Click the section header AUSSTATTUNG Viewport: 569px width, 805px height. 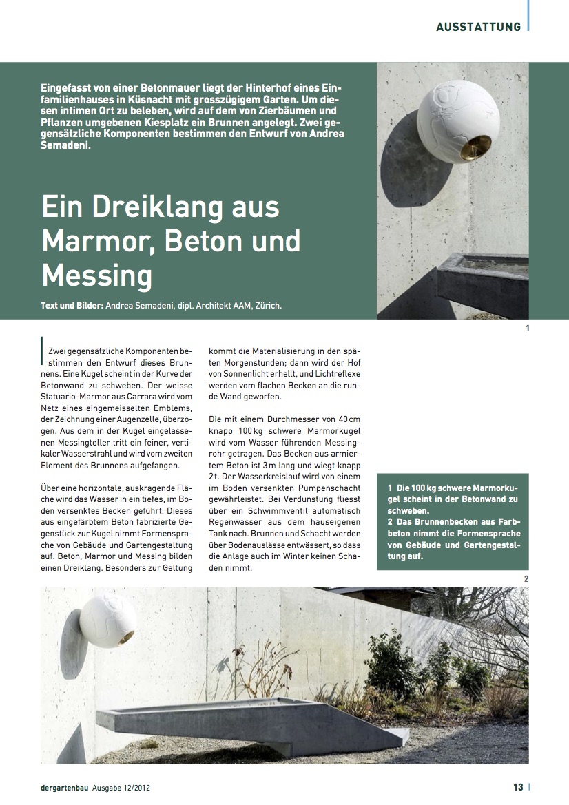pos(478,27)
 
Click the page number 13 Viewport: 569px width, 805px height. pos(518,786)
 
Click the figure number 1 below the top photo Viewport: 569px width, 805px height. pos(527,328)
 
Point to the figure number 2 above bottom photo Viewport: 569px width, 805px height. pos(526,578)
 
